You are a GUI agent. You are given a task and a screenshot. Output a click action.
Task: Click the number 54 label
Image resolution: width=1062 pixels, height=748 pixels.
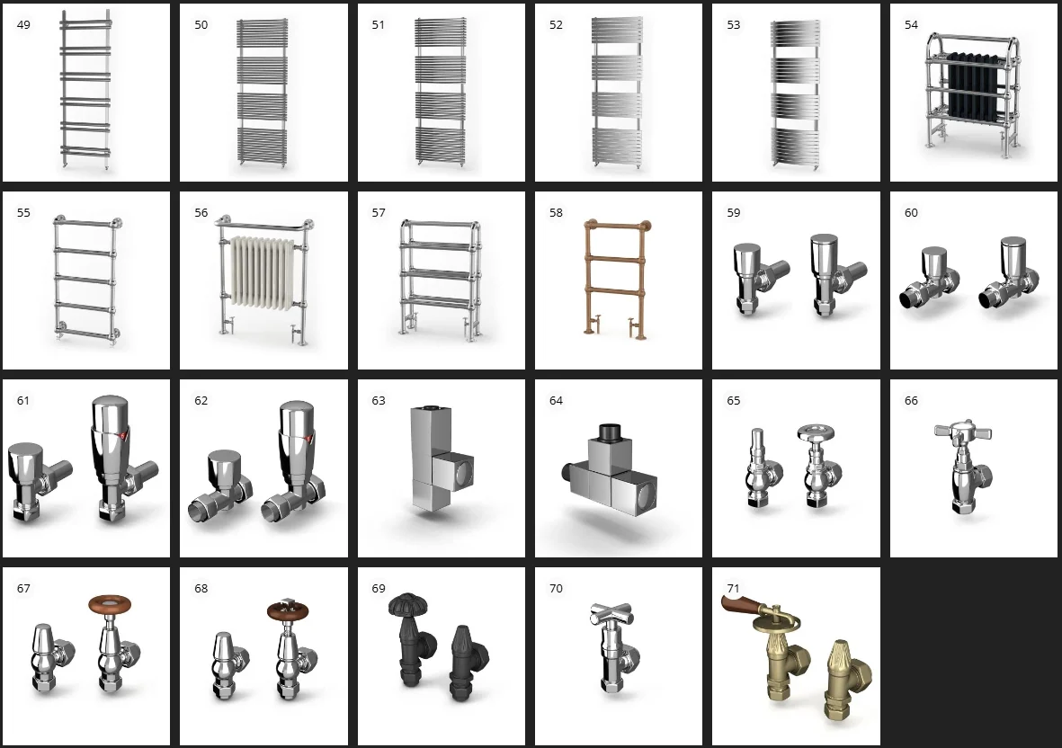point(911,25)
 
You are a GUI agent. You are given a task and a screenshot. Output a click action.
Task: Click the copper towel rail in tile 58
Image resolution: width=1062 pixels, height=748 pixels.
point(616,278)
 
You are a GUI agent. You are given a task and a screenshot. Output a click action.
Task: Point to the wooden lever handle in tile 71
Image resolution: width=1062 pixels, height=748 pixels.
point(745,603)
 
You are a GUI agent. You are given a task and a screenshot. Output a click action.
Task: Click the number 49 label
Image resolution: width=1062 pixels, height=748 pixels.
point(23,25)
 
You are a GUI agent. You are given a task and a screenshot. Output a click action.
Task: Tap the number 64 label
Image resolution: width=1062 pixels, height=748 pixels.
point(556,401)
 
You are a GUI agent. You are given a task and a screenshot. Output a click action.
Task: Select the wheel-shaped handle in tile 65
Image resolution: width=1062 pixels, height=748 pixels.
point(816,433)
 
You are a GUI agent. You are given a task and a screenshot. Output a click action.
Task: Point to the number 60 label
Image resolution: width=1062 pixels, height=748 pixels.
point(911,213)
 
